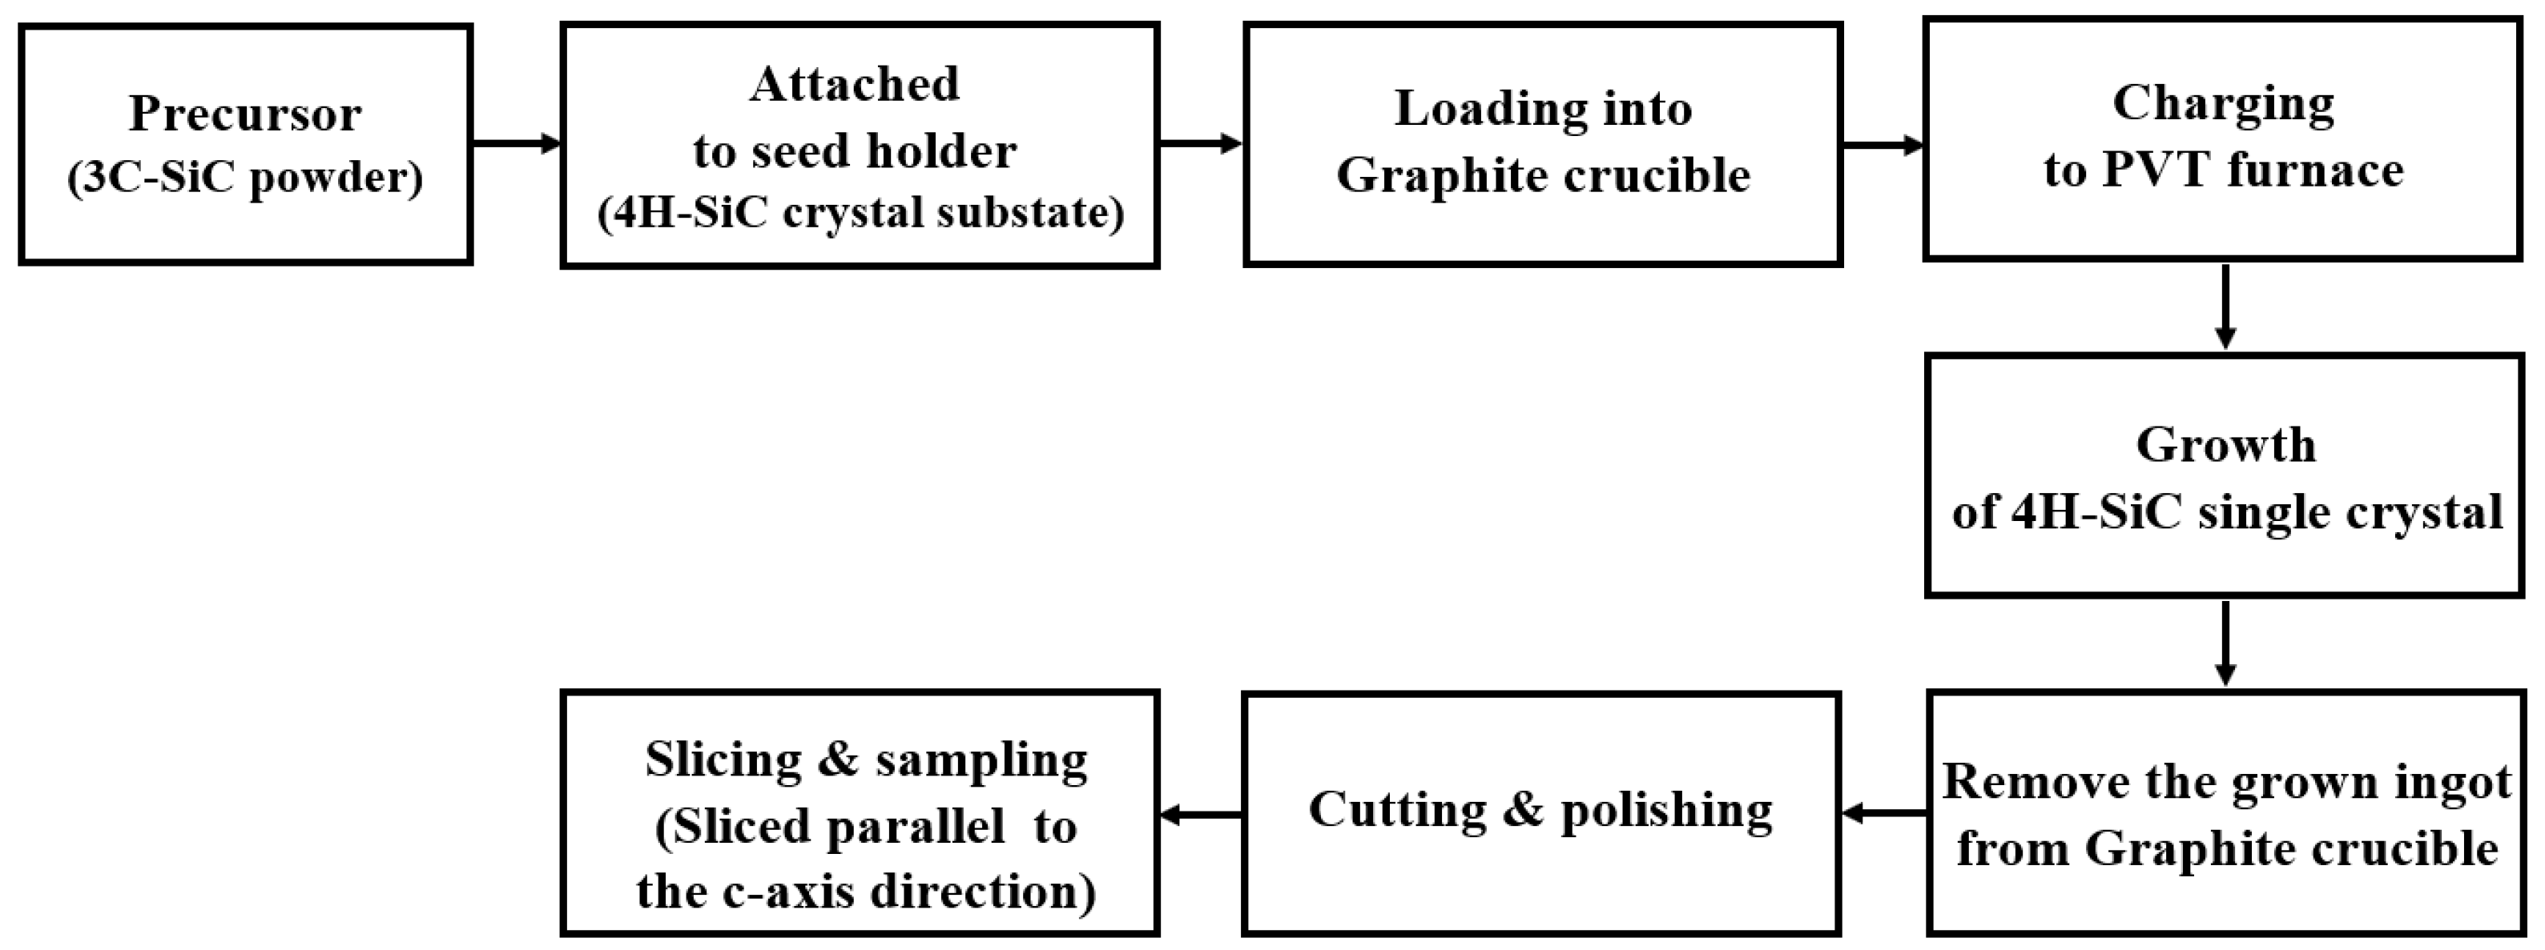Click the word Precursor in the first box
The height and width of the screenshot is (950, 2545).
pos(245,114)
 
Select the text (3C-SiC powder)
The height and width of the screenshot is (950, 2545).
pos(245,178)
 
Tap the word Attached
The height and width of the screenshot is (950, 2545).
pos(855,85)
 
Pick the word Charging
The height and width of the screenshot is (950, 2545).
pos(2223,105)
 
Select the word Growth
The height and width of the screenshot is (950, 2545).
pos(2225,445)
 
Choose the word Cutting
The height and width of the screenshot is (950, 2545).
pos(1397,810)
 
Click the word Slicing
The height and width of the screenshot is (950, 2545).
pos(723,760)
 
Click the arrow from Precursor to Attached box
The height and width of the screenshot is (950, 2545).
pos(516,144)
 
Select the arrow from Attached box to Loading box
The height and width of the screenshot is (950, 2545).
pos(1199,144)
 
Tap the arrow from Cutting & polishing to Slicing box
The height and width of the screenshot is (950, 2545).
pos(1199,815)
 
